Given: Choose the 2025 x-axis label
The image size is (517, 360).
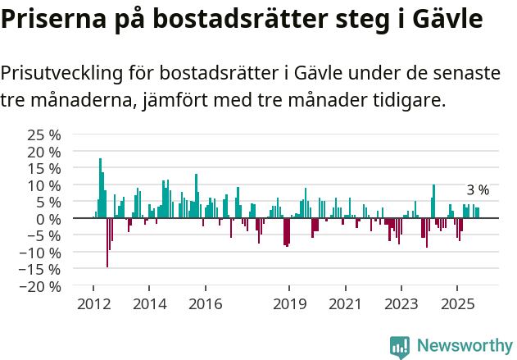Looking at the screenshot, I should tap(456, 304).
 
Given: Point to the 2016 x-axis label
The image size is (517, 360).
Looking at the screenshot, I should tap(205, 304).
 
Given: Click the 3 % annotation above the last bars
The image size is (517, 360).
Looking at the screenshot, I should tap(477, 190).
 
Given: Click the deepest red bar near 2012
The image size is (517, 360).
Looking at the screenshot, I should tap(107, 243).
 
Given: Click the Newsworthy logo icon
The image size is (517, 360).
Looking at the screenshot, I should tap(400, 346).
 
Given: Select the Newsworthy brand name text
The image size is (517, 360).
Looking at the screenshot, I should tap(464, 346).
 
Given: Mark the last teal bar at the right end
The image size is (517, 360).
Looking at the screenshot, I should tap(478, 213).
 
